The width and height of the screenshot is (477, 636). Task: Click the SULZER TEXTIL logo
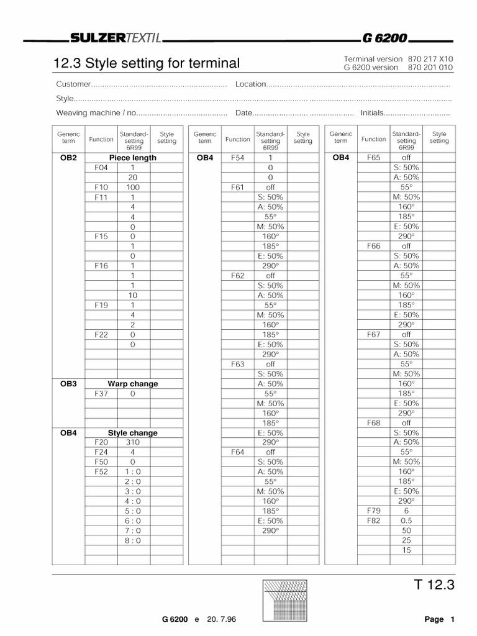coord(116,39)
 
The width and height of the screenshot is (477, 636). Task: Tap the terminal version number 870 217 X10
coord(430,58)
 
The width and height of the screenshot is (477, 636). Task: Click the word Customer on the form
coord(73,84)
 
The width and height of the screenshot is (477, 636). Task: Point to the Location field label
coord(251,84)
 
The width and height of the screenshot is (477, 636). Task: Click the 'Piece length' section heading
coord(132,158)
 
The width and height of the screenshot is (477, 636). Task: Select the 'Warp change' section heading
coord(132,384)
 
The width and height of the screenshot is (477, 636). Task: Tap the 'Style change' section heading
coord(132,433)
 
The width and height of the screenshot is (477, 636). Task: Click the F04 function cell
coord(101,168)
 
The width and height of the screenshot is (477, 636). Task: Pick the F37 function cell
coord(101,394)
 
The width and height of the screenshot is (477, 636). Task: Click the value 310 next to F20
coord(132,442)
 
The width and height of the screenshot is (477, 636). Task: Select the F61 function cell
coord(237,187)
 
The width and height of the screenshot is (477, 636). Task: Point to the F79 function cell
coord(373,511)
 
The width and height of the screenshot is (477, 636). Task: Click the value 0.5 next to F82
coord(406,520)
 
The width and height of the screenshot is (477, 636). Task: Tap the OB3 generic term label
coord(68,384)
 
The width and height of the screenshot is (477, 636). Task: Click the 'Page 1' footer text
coord(440,619)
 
